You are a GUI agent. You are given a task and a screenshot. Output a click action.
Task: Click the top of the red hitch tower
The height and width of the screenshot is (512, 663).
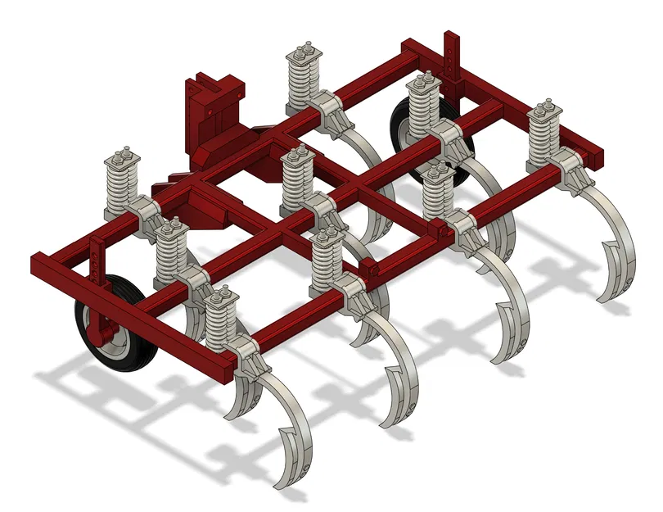click(215, 82)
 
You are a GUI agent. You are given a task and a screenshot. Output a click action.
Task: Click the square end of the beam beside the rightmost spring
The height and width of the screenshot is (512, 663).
click(597, 156)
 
